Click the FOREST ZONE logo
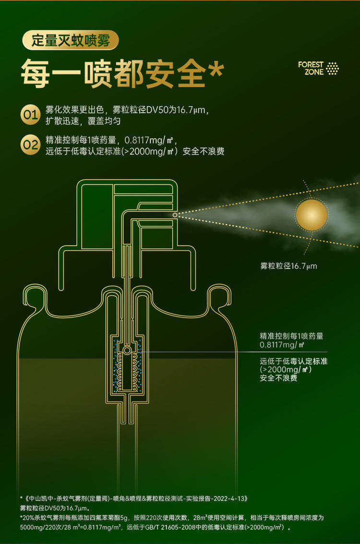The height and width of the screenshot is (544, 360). point(318,68)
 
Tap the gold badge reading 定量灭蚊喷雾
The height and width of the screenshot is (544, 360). point(71,40)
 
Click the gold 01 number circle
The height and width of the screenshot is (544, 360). point(30,114)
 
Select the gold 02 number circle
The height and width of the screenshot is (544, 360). point(30,144)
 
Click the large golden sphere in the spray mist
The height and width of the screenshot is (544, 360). point(312,215)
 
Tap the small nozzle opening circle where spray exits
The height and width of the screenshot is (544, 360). point(175,215)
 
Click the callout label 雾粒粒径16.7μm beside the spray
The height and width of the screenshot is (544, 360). point(288,266)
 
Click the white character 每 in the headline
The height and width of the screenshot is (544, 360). point(36,73)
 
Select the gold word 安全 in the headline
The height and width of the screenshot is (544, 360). point(176,73)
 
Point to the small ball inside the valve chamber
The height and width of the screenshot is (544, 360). point(127,350)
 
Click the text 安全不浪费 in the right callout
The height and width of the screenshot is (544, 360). point(279,378)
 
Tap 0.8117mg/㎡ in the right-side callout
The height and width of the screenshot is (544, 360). point(282,345)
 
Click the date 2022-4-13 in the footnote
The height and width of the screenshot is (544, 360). point(229,498)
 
